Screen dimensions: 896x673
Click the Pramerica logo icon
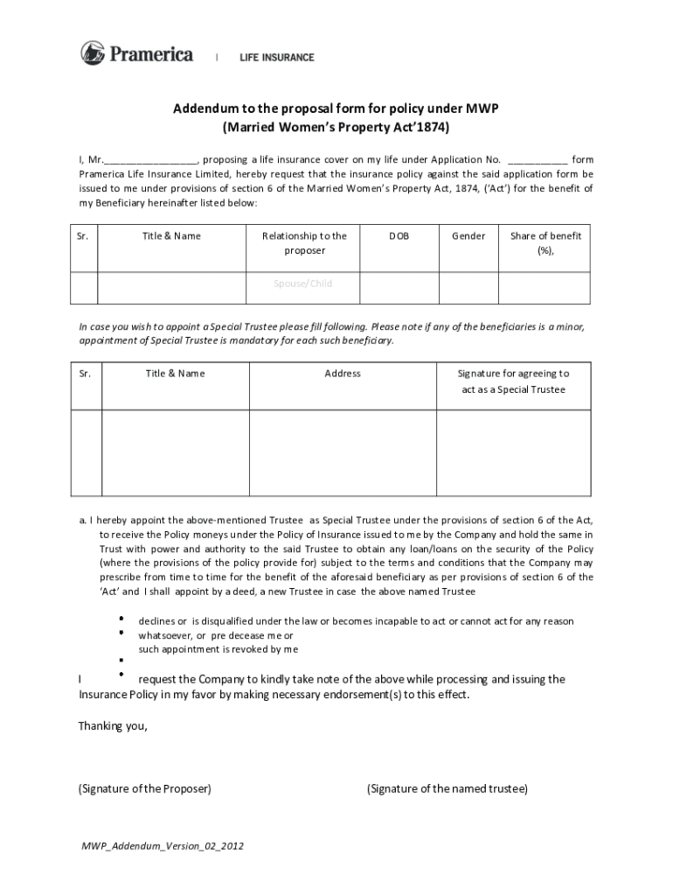tap(94, 53)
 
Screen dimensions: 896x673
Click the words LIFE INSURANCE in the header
tap(277, 58)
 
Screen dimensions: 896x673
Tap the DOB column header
tap(399, 236)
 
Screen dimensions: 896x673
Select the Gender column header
tap(468, 236)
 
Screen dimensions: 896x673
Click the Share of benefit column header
tap(545, 242)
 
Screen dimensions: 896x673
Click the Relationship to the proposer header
tap(304, 242)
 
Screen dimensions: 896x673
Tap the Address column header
tap(343, 374)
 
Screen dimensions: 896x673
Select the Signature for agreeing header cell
tap(513, 381)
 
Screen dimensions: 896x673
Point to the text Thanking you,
tap(113, 725)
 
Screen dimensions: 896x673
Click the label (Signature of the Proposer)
tap(145, 788)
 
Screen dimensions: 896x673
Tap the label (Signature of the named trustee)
tap(448, 788)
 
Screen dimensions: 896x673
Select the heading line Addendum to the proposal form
tap(336, 108)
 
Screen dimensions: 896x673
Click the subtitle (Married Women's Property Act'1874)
tap(336, 127)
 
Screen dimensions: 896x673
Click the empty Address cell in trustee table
tap(343, 447)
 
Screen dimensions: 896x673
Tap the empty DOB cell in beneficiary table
tap(399, 285)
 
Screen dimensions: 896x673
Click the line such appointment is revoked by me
tap(219, 649)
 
